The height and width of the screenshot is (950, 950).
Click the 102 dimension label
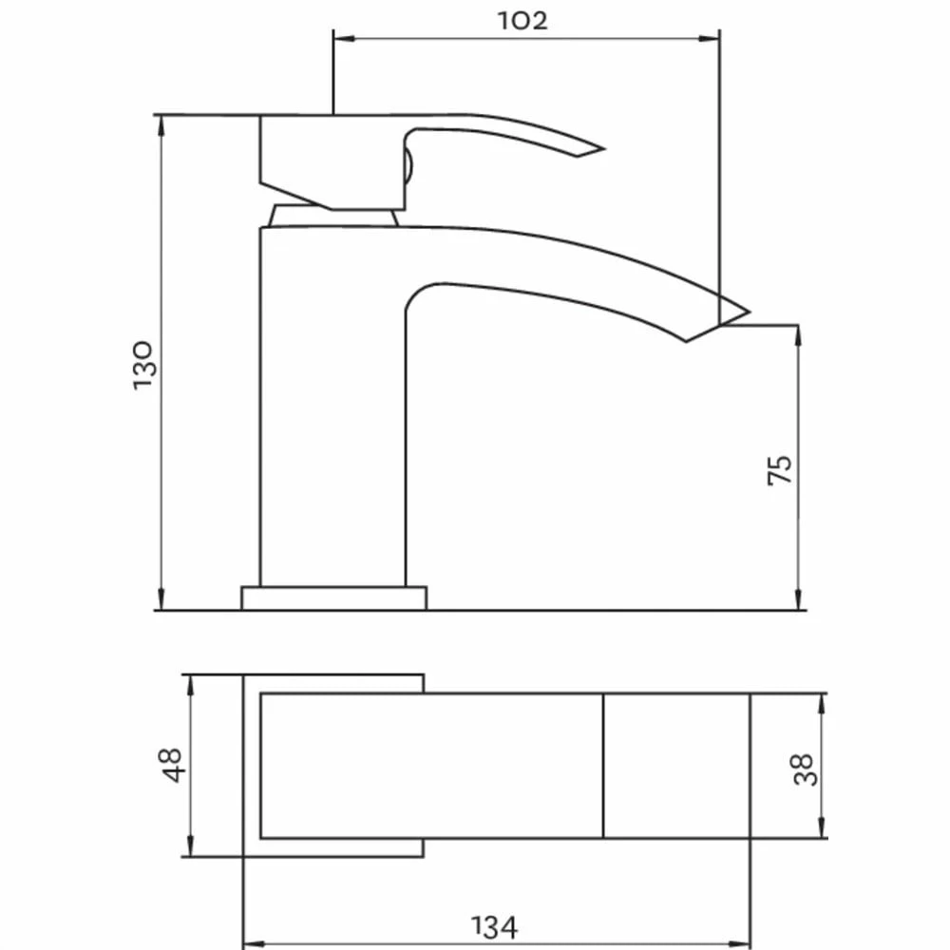click(522, 21)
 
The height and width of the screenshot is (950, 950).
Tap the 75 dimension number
click(780, 469)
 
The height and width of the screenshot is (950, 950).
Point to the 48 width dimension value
click(170, 765)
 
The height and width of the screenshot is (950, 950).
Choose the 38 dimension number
click(805, 769)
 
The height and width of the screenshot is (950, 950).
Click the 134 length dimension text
click(494, 927)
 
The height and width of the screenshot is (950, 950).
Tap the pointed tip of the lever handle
click(603, 148)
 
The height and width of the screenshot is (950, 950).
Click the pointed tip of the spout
click(750, 313)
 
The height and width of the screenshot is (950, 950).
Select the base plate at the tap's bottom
click(333, 598)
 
